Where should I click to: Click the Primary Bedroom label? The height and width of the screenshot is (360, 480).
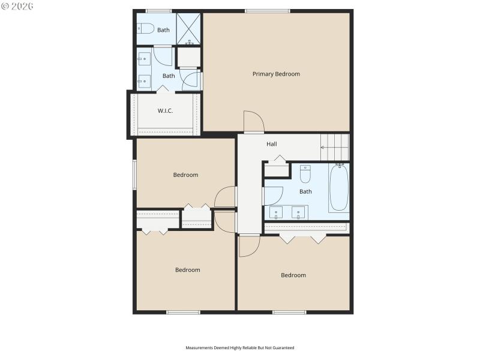[276, 74]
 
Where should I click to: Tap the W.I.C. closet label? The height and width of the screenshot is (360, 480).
[166, 111]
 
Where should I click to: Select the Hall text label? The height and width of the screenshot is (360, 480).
[272, 144]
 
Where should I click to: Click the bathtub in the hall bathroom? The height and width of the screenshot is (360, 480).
[338, 188]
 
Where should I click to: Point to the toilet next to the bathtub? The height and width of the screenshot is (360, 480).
[305, 173]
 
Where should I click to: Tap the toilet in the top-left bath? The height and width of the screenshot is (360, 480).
[146, 28]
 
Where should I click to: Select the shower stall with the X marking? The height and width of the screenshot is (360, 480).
[189, 29]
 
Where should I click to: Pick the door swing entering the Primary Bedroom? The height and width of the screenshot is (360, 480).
[253, 122]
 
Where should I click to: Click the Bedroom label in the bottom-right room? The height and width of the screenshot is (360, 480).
[293, 275]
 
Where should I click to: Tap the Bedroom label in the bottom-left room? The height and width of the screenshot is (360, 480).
[187, 270]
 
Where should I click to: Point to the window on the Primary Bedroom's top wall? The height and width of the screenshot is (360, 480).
[268, 10]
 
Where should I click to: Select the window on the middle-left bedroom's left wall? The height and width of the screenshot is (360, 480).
[134, 174]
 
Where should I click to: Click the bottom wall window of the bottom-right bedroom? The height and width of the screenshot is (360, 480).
[289, 312]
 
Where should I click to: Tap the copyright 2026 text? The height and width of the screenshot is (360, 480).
[17, 5]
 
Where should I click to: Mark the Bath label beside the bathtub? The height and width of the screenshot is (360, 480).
[305, 192]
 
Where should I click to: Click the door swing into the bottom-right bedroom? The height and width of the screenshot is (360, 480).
[249, 246]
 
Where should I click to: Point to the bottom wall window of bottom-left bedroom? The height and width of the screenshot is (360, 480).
[183, 312]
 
